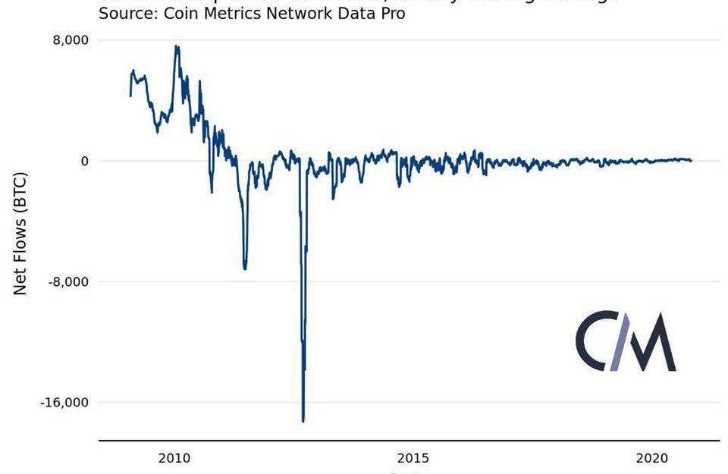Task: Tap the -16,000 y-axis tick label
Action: (x=64, y=403)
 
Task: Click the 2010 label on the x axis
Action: (x=174, y=458)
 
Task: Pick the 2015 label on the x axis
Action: (x=413, y=458)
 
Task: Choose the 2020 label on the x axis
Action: (x=651, y=458)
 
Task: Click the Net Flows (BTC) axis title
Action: (x=20, y=234)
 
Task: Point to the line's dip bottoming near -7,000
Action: (x=244, y=268)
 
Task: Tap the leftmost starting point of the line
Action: (x=130, y=96)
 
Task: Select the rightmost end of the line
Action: (x=691, y=161)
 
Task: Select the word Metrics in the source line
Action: (x=231, y=14)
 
